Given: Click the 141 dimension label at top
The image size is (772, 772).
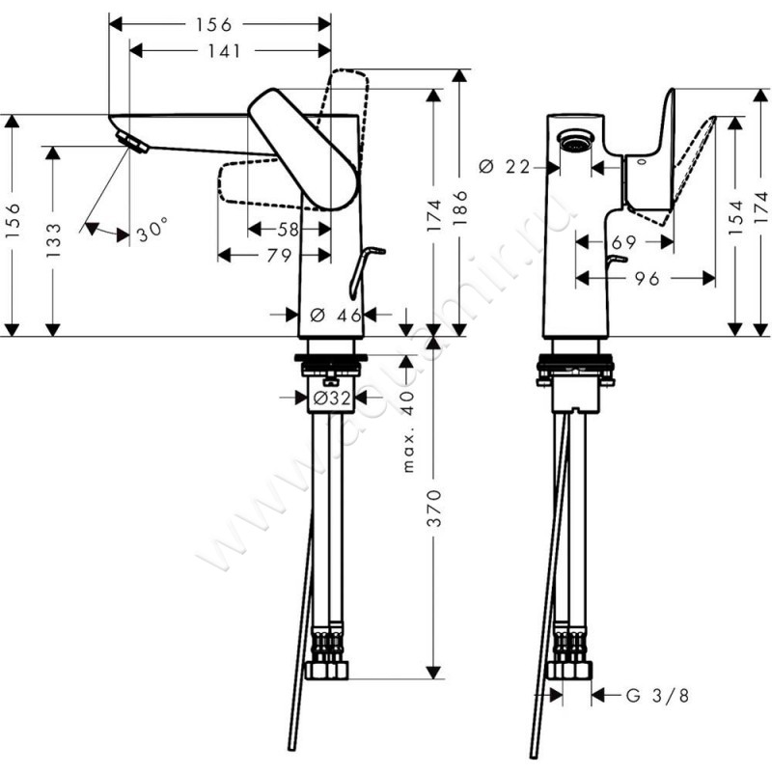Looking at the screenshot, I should pos(224,51).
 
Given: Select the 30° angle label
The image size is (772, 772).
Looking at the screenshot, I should pos(152,233).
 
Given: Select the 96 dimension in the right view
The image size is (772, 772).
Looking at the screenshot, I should pos(647,279).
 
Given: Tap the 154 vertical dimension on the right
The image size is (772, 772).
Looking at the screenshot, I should pos(737,220).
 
